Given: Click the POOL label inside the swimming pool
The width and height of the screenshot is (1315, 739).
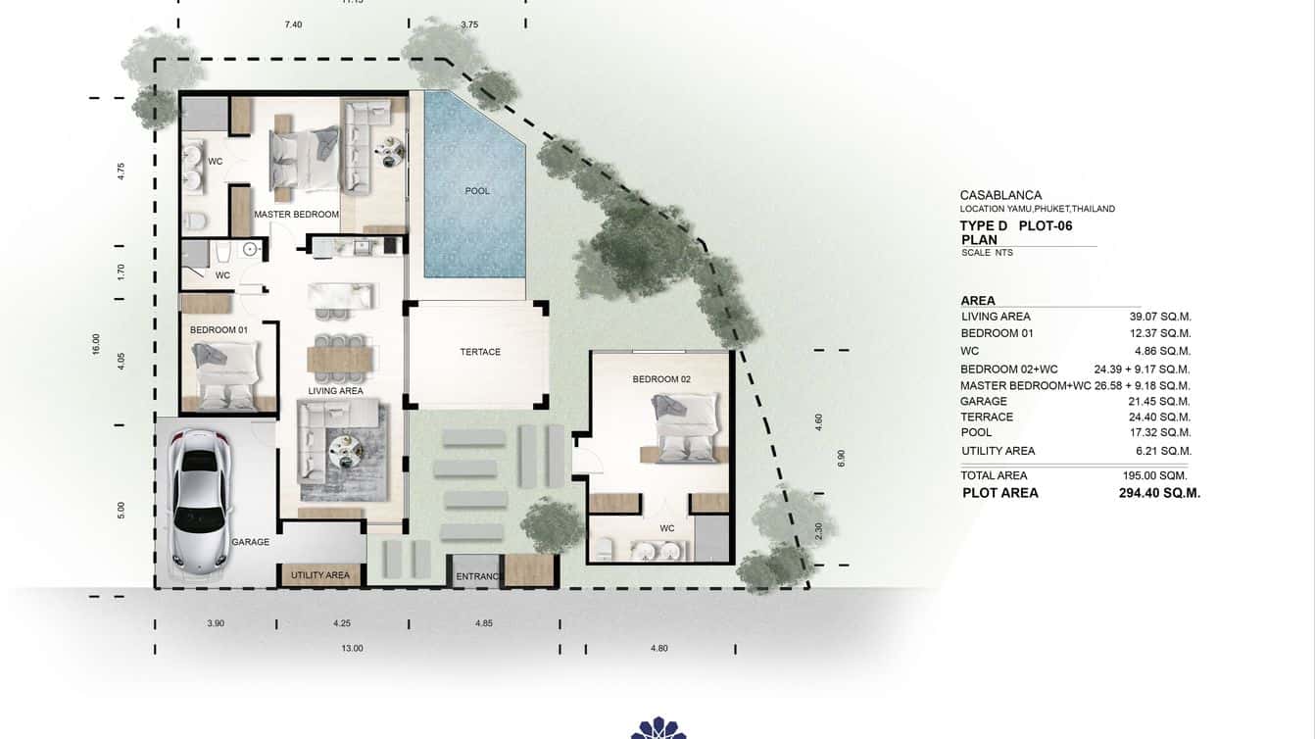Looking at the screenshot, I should click(477, 191).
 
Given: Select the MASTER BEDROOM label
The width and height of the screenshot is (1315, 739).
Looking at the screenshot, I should click(296, 214).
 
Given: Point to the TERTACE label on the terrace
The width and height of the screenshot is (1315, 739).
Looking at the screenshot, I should click(480, 352).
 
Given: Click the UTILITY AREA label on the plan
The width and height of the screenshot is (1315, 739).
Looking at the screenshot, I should click(320, 575).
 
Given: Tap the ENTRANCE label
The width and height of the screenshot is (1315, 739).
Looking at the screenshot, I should click(479, 576).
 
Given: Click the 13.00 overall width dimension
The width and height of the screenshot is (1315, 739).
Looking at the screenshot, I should click(352, 648).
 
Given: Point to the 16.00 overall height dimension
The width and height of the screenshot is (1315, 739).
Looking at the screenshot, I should click(96, 344).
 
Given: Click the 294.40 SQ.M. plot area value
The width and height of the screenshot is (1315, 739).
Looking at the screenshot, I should click(1159, 493).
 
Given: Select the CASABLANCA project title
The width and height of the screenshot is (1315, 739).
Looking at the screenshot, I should click(1000, 195).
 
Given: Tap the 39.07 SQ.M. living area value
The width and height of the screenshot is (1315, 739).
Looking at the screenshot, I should click(1160, 317).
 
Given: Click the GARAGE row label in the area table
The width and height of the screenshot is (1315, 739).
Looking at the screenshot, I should click(984, 401).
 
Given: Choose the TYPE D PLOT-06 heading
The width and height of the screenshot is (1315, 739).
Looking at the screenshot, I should click(1015, 225).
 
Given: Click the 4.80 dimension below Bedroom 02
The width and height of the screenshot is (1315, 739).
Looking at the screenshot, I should click(658, 648).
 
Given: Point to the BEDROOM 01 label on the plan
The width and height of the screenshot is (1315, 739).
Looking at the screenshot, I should click(219, 330).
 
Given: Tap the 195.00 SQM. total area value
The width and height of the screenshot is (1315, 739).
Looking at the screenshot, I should click(1154, 475).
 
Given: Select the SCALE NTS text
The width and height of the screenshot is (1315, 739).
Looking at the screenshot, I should click(987, 253).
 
